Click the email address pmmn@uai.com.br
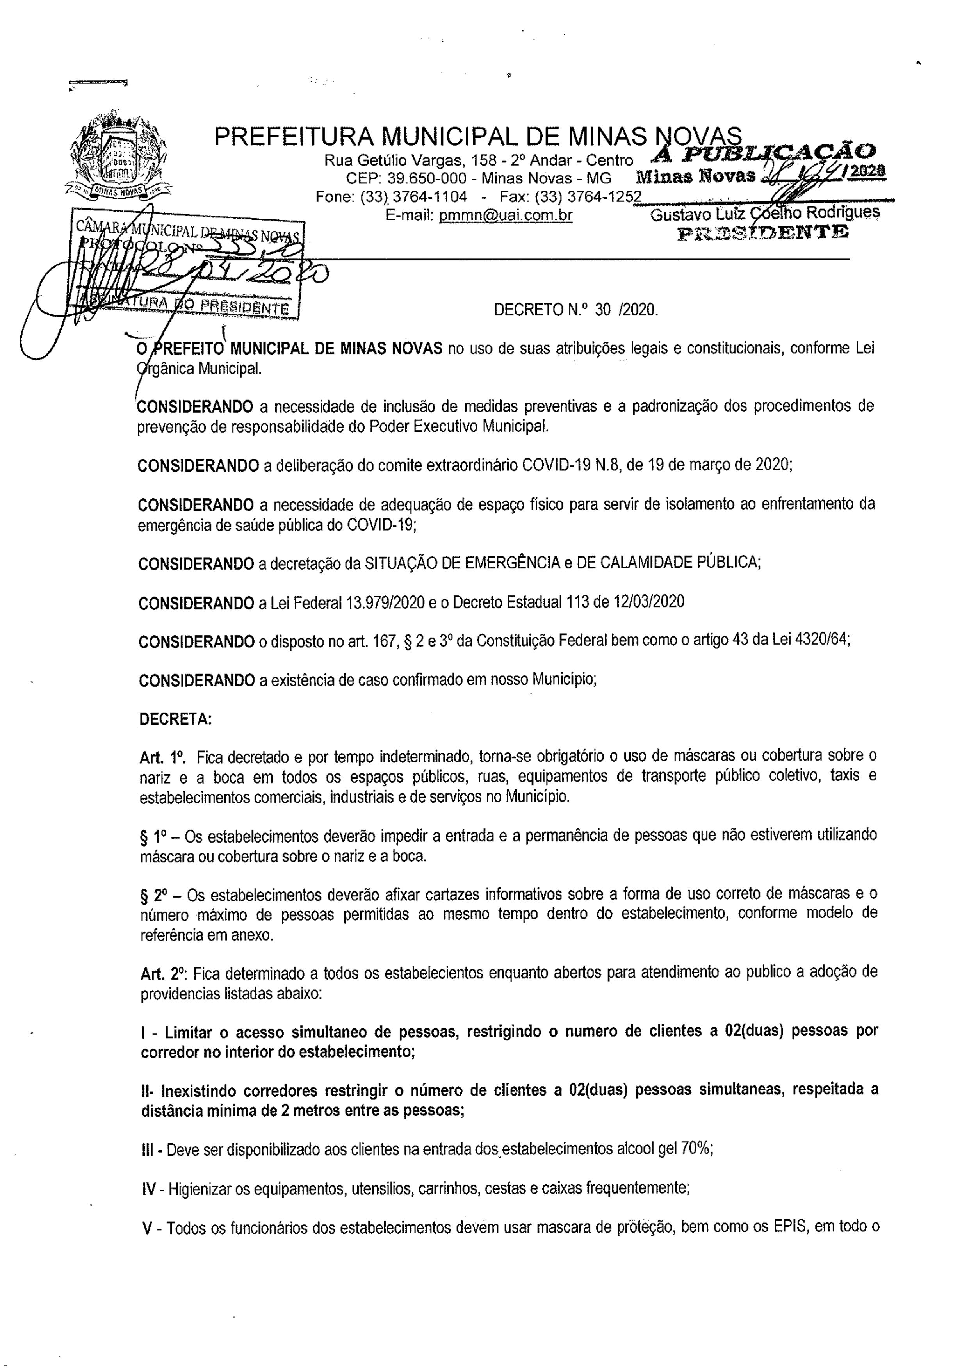[505, 215]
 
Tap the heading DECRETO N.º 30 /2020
[576, 310]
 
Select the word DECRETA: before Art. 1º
[175, 719]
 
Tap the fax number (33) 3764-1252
[588, 197]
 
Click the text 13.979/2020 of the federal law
[385, 602]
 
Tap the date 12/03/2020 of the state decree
[648, 602]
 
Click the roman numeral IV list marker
[149, 1188]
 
